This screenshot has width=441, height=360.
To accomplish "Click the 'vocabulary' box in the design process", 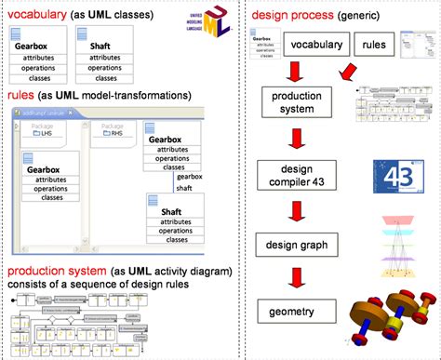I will point(315,44).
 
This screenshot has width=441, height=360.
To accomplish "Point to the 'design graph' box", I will point(296,245).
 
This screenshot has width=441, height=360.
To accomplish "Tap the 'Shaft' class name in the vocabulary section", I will point(101,45).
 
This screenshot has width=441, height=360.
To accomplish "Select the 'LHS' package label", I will point(44,133).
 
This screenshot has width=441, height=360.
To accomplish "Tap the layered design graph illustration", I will point(401,247).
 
